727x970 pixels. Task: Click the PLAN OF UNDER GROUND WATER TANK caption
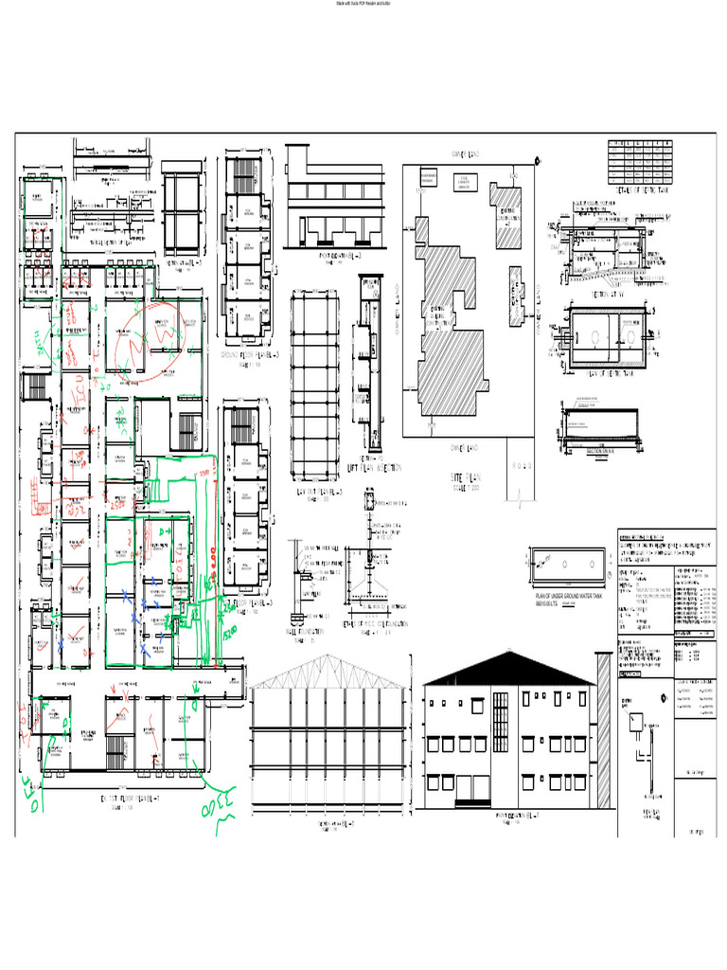pyautogui.click(x=570, y=597)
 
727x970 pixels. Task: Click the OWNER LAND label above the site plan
pyautogui.click(x=466, y=153)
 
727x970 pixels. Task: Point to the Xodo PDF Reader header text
pyautogui.click(x=363, y=5)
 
